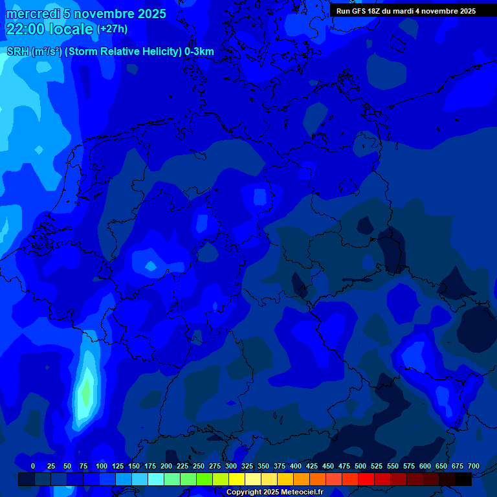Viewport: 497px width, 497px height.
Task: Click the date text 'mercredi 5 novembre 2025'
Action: pos(85,14)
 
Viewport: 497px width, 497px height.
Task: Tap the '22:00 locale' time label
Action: pos(49,29)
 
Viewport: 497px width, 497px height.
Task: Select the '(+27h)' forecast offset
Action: pos(112,29)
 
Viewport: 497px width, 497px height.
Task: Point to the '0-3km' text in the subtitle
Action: pos(199,52)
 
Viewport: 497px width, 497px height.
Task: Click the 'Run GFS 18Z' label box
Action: pos(406,11)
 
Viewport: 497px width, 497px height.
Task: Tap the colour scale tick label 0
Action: pos(33,466)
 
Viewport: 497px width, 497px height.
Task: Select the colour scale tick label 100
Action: pos(102,466)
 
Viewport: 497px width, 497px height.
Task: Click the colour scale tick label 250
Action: pos(199,466)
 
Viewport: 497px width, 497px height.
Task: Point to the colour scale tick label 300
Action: pos(231,466)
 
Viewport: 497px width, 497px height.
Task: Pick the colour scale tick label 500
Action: pos(360,466)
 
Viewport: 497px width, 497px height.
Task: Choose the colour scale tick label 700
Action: pos(474,466)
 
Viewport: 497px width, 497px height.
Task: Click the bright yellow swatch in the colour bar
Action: pos(237,480)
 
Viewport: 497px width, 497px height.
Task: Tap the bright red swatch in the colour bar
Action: pos(366,480)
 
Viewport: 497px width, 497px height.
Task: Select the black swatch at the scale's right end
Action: pos(463,480)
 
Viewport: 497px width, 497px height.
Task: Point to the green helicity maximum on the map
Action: pos(85,392)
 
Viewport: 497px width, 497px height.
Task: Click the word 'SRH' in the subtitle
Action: pos(17,52)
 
